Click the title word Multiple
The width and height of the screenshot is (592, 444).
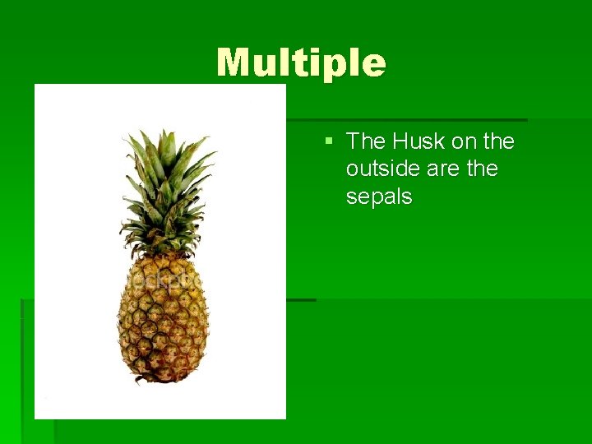301,63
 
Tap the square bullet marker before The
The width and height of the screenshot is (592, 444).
329,142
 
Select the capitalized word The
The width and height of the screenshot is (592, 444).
366,141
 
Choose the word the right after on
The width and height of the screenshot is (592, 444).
499,141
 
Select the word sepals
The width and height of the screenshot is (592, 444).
379,197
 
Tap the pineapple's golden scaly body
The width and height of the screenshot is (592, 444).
163,321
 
